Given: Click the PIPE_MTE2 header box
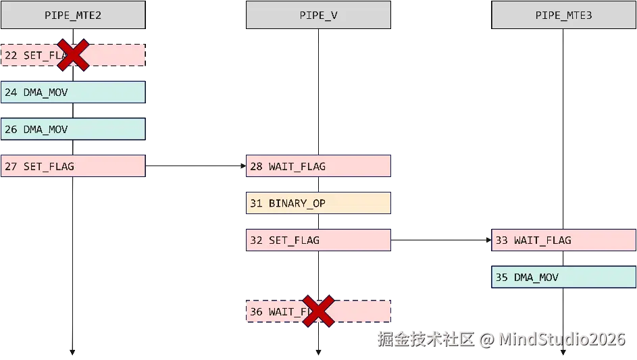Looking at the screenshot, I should point(72,15).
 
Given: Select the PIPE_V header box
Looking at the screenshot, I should point(317,15).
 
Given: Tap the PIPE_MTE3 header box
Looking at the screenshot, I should point(563,15).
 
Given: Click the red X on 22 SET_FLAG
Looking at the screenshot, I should point(74,55).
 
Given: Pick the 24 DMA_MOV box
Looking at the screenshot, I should point(72,92).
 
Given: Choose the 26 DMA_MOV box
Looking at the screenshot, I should point(72,129).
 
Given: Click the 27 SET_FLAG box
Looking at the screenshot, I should point(72,166).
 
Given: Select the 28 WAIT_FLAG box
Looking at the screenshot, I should point(317,166).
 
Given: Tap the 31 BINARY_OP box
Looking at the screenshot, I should point(317,203).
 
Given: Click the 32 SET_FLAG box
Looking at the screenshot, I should point(317,240).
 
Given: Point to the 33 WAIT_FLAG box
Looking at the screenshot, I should point(563,240).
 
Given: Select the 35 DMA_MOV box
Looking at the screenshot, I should point(563,277).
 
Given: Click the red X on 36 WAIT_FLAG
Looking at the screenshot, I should point(319,311).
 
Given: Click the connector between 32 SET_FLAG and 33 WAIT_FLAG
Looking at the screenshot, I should point(442,239).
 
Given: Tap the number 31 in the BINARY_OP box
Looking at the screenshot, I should point(256,203).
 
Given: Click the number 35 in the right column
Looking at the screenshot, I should point(501,277).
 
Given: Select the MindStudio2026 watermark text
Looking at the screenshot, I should point(561,338).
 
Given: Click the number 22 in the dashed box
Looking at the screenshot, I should point(11,55).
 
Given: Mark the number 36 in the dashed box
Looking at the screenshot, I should point(256,311).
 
